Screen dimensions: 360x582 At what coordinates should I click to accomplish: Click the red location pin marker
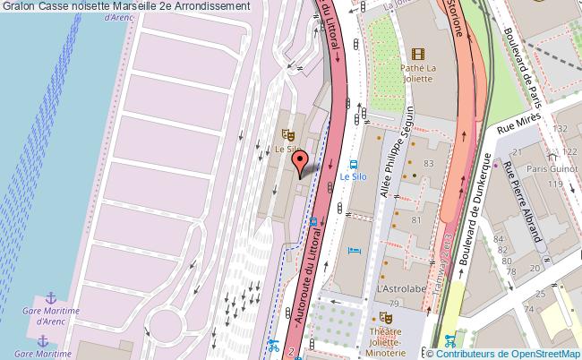tap(301, 162)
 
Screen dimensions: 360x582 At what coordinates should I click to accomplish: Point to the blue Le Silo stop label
tap(353, 177)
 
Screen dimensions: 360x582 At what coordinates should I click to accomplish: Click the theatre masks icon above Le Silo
tap(287, 135)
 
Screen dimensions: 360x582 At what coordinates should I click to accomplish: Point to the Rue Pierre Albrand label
tap(525, 203)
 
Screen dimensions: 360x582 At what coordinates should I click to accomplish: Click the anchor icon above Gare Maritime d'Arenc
tap(51, 297)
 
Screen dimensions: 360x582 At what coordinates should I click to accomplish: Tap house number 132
tap(561, 130)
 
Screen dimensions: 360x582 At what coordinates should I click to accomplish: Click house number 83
tap(428, 163)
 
